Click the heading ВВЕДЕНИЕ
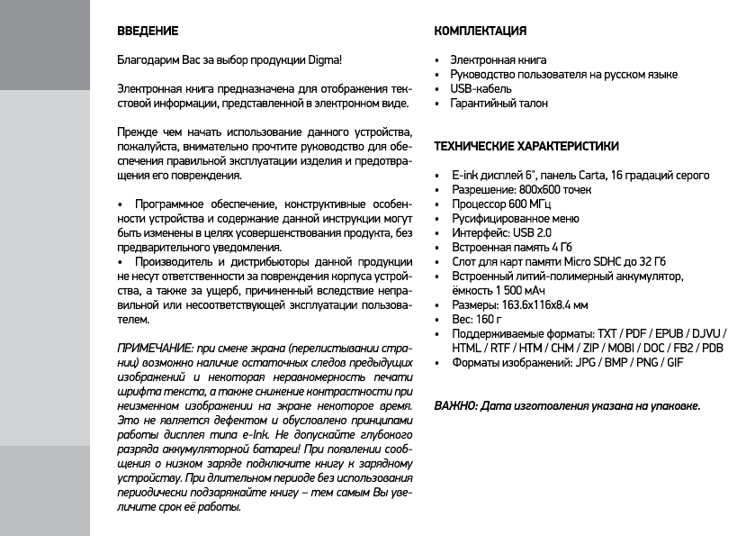(148, 32)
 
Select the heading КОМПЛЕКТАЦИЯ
(480, 32)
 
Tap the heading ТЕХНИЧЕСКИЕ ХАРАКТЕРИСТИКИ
(526, 145)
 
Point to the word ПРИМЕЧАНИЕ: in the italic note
(156, 348)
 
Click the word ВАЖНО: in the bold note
(455, 406)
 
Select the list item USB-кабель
(481, 89)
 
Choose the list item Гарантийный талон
(499, 104)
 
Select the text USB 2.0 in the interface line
(536, 232)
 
